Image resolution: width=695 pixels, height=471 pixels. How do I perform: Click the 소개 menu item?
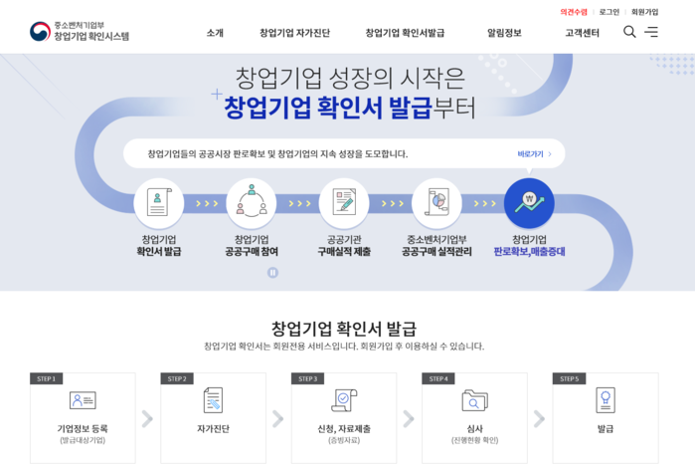coord(215,33)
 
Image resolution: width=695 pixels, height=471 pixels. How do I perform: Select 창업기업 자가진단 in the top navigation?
coord(294,33)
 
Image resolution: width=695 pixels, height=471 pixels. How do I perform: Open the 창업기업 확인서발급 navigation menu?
coord(405,33)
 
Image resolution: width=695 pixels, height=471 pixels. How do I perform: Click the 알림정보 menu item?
coord(504,33)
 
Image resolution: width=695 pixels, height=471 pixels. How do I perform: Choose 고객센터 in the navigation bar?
coord(583,33)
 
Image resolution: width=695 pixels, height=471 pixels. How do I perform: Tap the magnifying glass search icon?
coord(629,32)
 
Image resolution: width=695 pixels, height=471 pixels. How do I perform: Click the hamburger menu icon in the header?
coord(651,32)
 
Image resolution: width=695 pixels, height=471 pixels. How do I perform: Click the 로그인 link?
coord(608,12)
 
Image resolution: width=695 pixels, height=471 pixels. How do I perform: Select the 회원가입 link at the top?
coord(644,12)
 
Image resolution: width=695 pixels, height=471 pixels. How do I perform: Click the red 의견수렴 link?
coord(574,12)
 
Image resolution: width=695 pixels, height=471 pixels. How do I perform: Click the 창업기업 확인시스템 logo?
coord(80,32)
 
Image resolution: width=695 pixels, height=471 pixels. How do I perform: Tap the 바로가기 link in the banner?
coord(534,154)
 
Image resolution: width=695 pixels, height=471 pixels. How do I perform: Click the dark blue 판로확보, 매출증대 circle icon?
coord(529,203)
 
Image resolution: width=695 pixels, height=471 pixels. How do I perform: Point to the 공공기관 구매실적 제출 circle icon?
coord(344,203)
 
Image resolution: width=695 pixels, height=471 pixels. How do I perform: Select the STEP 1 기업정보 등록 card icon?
coord(83,400)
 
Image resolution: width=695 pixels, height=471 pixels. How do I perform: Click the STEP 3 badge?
coord(307,378)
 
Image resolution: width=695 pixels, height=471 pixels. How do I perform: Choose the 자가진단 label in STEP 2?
coord(213,429)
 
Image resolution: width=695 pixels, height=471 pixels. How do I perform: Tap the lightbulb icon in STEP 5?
coord(605,400)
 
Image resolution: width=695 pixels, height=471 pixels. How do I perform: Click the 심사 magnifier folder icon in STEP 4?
coord(474,400)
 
